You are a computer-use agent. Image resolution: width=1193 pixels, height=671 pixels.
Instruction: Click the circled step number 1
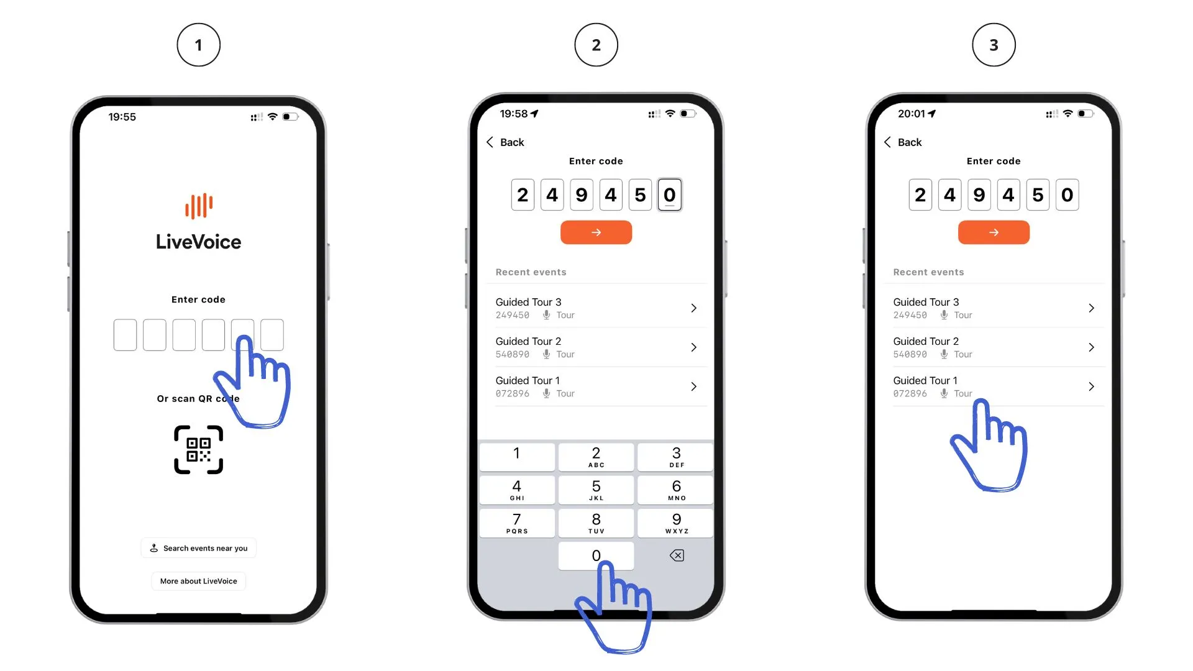[198, 45]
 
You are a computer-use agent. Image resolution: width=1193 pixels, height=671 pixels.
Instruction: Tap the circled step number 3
[994, 45]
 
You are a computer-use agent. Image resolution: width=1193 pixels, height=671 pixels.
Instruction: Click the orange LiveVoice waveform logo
[199, 206]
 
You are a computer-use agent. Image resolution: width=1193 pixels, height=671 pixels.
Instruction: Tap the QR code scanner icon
[198, 450]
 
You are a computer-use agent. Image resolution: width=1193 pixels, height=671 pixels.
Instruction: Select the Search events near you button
[199, 548]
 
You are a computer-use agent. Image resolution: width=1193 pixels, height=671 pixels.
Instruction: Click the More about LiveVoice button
[199, 581]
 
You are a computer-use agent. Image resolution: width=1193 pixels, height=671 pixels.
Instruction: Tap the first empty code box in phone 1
[125, 335]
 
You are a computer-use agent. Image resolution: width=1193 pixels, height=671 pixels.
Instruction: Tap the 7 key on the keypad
[517, 523]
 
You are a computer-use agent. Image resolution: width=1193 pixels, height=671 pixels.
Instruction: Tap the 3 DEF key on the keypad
[676, 457]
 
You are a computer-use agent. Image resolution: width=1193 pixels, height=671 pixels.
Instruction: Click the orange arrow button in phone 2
[596, 232]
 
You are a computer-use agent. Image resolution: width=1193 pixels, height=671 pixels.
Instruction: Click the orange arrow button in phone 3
[994, 232]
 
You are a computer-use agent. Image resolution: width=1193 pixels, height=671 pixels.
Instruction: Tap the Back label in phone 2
[512, 142]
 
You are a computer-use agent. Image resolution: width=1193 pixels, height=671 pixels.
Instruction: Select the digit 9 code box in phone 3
[979, 195]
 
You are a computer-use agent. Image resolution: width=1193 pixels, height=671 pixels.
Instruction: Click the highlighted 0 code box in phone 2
[669, 195]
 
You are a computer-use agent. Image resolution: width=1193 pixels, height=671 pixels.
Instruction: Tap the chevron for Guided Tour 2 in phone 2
[694, 347]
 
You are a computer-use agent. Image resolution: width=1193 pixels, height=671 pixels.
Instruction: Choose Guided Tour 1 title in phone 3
[925, 380]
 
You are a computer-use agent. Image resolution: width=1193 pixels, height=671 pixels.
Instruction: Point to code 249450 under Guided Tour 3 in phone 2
[513, 315]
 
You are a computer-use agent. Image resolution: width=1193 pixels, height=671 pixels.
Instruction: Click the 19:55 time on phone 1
[122, 117]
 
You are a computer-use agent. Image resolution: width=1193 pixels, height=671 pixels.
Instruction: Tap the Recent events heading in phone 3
[928, 272]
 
